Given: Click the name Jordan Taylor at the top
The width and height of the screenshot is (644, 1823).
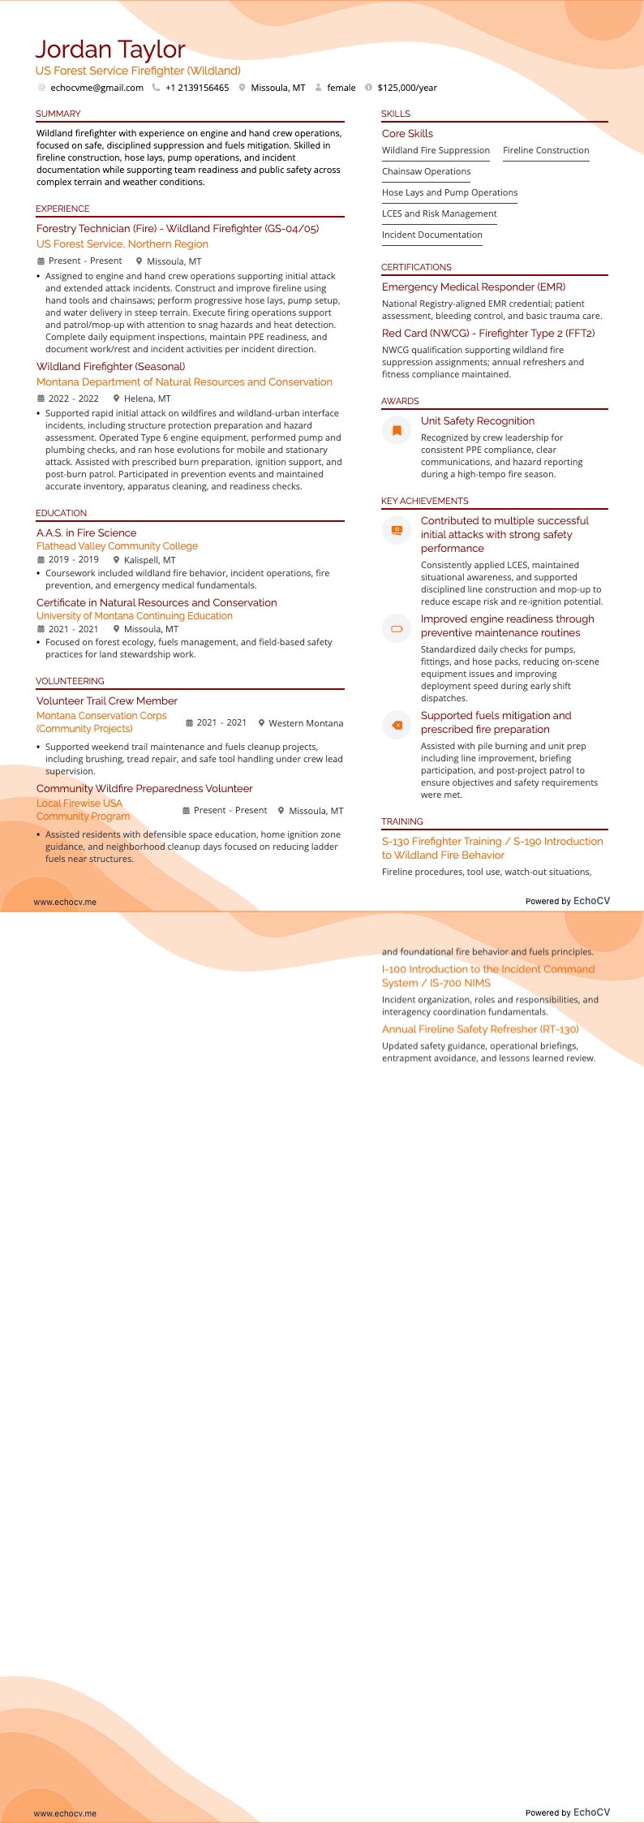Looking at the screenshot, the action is (x=110, y=50).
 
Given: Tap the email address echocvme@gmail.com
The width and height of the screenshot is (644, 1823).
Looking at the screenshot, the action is (x=97, y=88).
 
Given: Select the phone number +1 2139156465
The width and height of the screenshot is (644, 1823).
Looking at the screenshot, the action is (x=197, y=88).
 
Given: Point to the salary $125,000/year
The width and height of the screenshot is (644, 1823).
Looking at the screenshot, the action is (x=407, y=88).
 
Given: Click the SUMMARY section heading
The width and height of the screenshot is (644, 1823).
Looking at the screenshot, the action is (x=58, y=114).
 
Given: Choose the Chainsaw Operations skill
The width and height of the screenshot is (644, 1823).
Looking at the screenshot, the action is (x=426, y=171).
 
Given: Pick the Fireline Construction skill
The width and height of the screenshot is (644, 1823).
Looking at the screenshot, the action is (x=546, y=150).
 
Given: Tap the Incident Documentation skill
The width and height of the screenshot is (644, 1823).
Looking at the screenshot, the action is (x=432, y=235).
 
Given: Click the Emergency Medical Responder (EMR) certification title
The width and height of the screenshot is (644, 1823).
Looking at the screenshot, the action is (x=474, y=287).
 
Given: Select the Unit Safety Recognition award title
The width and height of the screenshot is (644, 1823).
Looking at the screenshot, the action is (x=478, y=420).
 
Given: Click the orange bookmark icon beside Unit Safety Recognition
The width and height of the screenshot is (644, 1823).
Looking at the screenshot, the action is (x=397, y=430).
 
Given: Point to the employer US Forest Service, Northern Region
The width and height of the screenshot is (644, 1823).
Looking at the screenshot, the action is (x=122, y=243).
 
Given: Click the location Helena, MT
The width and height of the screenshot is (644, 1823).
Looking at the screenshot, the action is (x=147, y=399).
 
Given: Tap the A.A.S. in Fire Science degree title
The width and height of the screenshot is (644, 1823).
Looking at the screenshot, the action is (x=87, y=532).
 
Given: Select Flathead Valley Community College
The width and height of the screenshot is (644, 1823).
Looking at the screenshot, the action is (x=117, y=546).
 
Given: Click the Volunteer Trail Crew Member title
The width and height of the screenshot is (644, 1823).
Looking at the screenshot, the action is (x=107, y=700).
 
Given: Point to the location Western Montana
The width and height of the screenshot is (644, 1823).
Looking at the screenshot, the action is (x=306, y=723).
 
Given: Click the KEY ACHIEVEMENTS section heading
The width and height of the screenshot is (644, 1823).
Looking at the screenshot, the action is (x=425, y=501).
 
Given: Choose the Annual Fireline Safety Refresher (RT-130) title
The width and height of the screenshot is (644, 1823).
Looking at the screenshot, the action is (x=480, y=1029).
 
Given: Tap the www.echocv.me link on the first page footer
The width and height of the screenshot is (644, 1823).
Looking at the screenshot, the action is (x=65, y=902).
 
